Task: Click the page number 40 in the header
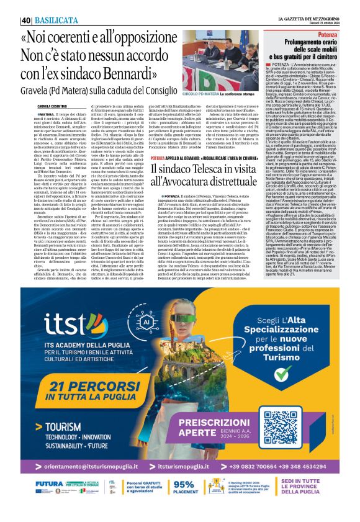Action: click(25, 20)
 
